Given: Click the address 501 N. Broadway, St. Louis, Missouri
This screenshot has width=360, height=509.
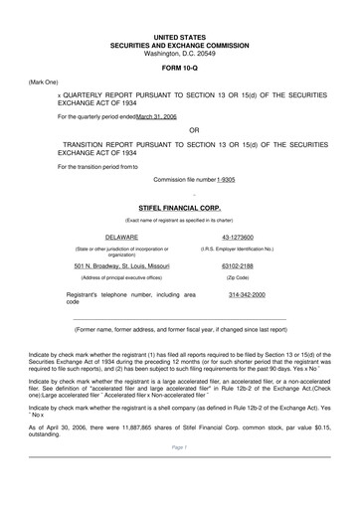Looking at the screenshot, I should tap(121, 266).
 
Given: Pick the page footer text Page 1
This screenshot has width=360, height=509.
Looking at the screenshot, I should tap(179, 476).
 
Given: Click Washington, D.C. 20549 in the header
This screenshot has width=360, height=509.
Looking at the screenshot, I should tap(179, 53).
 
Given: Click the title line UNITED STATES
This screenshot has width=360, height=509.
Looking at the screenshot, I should tap(179, 36).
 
